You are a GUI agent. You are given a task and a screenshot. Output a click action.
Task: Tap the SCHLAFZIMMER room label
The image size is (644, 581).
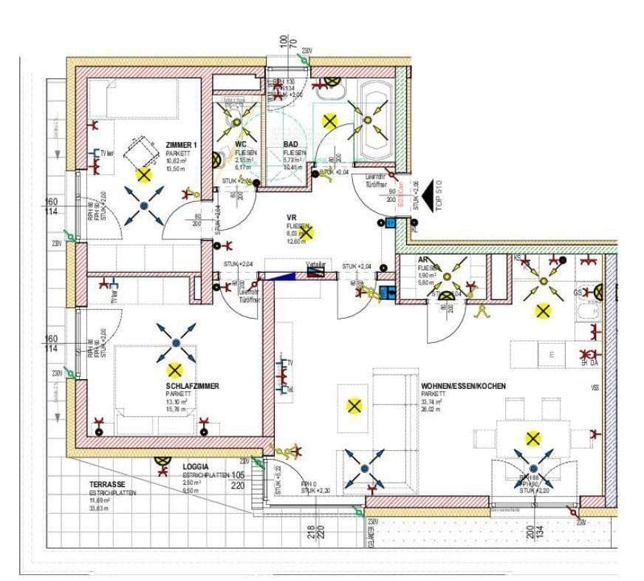point(192,386)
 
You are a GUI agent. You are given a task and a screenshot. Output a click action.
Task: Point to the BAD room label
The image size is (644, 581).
point(292,144)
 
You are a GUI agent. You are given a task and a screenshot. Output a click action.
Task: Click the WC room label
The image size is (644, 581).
point(240,144)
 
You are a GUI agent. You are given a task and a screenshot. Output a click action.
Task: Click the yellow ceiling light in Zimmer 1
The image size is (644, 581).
point(143,175)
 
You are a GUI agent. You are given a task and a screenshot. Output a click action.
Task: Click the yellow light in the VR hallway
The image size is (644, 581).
point(307,233)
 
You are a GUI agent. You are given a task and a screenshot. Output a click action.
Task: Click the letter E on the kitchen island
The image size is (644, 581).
point(552,355)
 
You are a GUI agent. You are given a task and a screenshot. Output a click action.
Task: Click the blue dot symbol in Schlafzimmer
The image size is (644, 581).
point(176,342)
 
